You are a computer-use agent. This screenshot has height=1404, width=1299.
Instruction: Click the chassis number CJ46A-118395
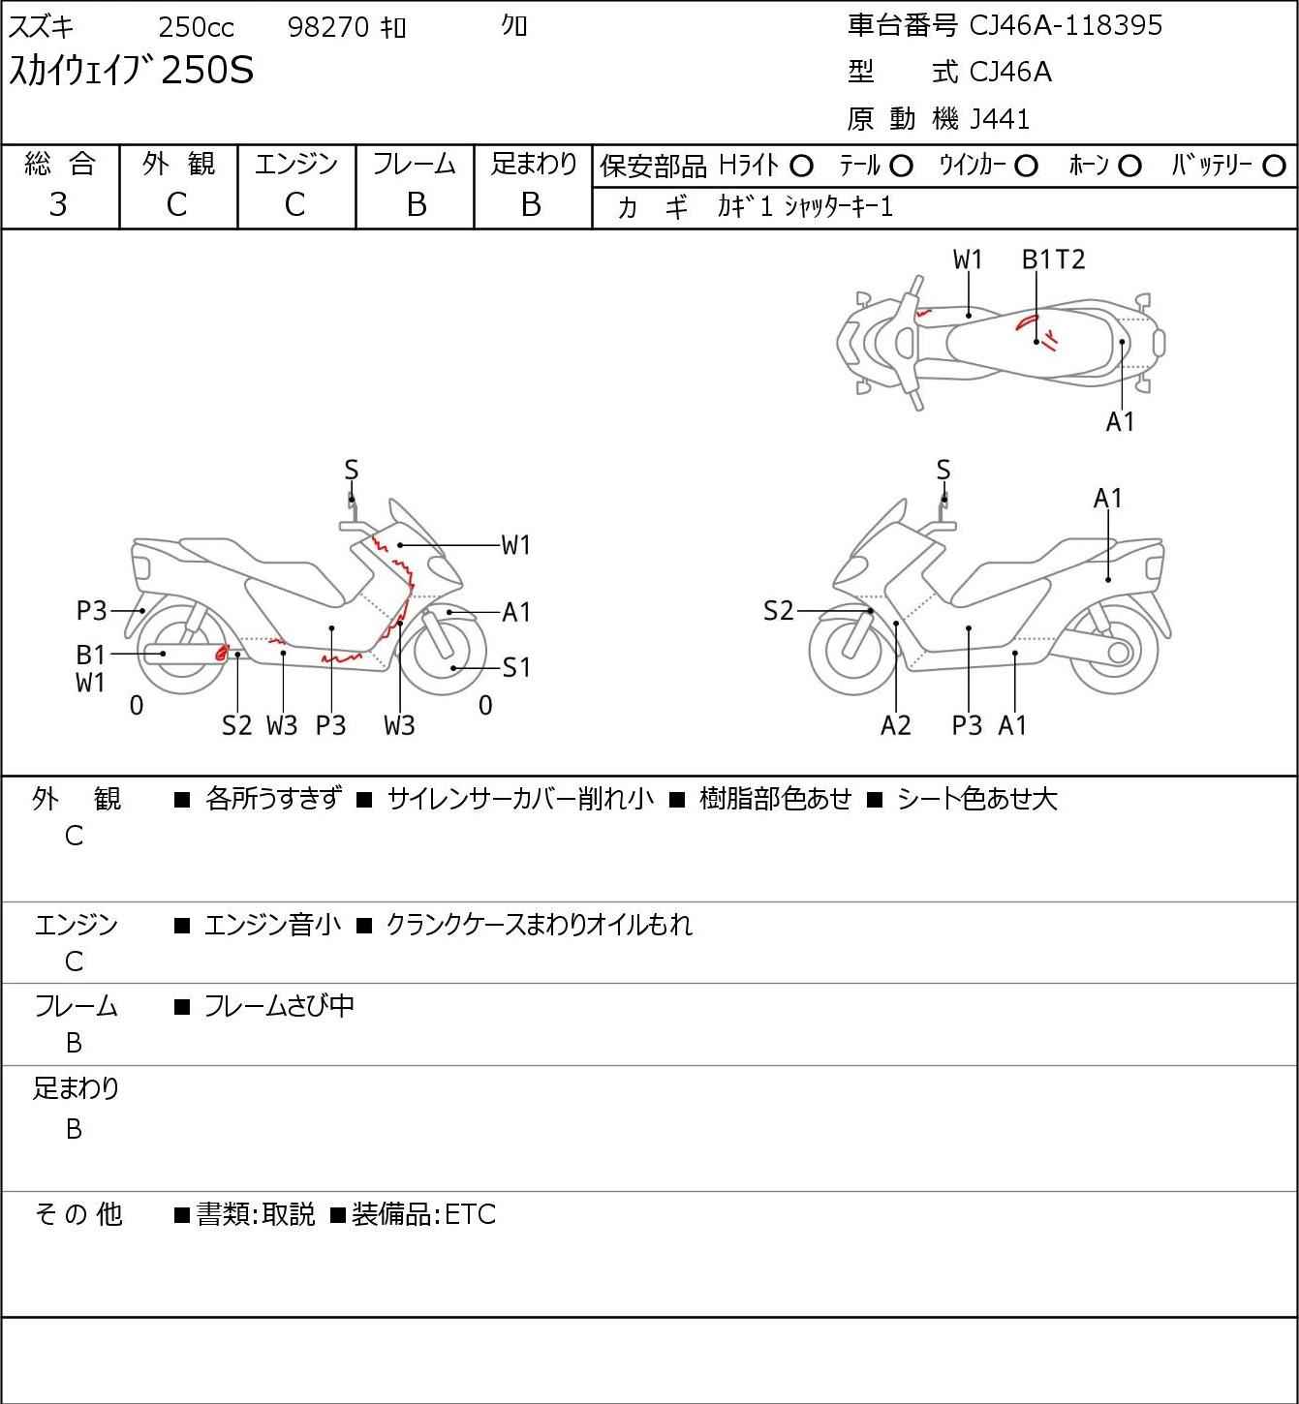click(x=1065, y=25)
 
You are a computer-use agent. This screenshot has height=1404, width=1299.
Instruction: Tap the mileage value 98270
click(x=328, y=27)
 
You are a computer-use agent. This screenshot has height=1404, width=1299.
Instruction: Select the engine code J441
click(x=1000, y=119)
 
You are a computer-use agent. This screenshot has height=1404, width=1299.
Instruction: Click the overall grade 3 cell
click(x=59, y=204)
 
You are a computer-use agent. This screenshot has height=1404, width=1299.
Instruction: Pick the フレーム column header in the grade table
click(x=415, y=165)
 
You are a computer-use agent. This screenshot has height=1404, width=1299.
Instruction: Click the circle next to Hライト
click(x=801, y=167)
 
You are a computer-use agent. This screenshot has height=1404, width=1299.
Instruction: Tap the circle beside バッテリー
click(x=1275, y=167)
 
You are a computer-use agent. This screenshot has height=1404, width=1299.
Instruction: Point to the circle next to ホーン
click(x=1129, y=167)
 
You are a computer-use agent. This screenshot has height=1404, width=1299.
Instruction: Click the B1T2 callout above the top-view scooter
click(x=1053, y=259)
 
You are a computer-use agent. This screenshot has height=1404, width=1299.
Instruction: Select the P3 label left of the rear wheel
click(x=91, y=611)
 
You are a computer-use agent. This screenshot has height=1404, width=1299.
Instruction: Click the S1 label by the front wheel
click(x=516, y=667)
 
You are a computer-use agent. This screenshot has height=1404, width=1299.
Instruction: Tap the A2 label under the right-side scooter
click(x=896, y=725)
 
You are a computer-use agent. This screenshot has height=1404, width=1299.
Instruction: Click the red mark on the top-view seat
click(x=1027, y=322)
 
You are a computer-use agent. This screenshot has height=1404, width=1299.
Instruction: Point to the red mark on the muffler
click(x=222, y=653)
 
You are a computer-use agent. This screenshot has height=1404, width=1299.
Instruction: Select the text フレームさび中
click(x=279, y=1006)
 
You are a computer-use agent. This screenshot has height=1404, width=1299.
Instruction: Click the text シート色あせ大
click(x=976, y=799)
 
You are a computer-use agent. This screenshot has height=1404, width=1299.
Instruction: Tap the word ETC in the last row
click(x=470, y=1214)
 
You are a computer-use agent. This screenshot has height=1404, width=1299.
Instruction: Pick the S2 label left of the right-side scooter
click(x=778, y=611)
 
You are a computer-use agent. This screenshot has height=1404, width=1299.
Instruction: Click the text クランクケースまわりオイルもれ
click(x=539, y=925)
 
